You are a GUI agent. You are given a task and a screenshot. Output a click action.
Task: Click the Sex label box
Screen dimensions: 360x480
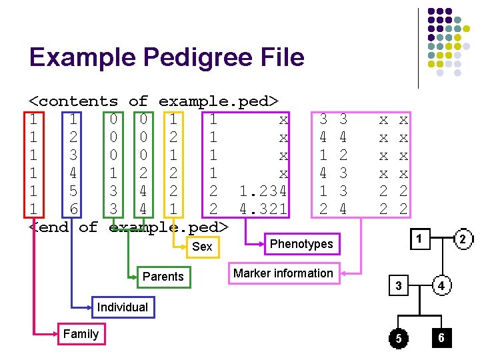tap(202, 247)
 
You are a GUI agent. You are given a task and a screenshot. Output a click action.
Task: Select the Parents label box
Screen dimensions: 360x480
tap(163, 277)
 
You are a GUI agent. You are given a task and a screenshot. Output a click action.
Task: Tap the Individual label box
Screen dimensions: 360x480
tap(122, 307)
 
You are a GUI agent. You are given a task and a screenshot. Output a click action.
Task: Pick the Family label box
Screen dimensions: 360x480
tap(80, 334)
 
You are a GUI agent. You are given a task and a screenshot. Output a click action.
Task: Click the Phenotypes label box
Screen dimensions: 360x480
tap(301, 244)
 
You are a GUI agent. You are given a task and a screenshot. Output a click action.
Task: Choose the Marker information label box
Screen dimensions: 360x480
tap(283, 273)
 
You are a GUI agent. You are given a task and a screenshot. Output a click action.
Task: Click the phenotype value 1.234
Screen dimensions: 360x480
tap(263, 191)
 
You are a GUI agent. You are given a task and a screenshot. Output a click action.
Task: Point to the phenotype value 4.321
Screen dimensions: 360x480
tap(263, 209)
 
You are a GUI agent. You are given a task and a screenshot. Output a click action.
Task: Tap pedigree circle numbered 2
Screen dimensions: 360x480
tap(462, 239)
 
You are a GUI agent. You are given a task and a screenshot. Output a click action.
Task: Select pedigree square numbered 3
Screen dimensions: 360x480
tap(397, 286)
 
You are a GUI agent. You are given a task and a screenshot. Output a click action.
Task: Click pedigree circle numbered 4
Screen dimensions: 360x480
tap(441, 286)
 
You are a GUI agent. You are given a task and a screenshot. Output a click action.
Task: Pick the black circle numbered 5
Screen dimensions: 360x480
tap(398, 339)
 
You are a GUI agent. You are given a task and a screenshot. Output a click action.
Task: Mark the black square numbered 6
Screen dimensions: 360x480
tap(441, 338)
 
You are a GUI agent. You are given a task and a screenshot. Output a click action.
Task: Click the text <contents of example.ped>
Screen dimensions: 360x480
tap(153, 101)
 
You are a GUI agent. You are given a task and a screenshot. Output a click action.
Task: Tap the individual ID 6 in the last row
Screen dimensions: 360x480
tap(73, 209)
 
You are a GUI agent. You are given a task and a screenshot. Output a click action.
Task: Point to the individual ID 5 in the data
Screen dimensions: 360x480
tap(73, 191)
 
